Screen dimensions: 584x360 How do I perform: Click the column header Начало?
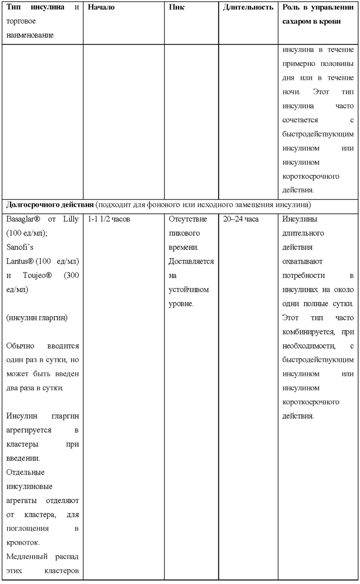[x=101, y=8]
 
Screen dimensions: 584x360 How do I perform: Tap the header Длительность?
[x=248, y=8]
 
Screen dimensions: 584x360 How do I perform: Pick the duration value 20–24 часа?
[x=240, y=219]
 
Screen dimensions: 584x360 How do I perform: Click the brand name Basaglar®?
[x=24, y=219]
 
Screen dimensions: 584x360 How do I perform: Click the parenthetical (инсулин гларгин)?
[x=37, y=319]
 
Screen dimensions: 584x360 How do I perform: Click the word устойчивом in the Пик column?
[x=189, y=290]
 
